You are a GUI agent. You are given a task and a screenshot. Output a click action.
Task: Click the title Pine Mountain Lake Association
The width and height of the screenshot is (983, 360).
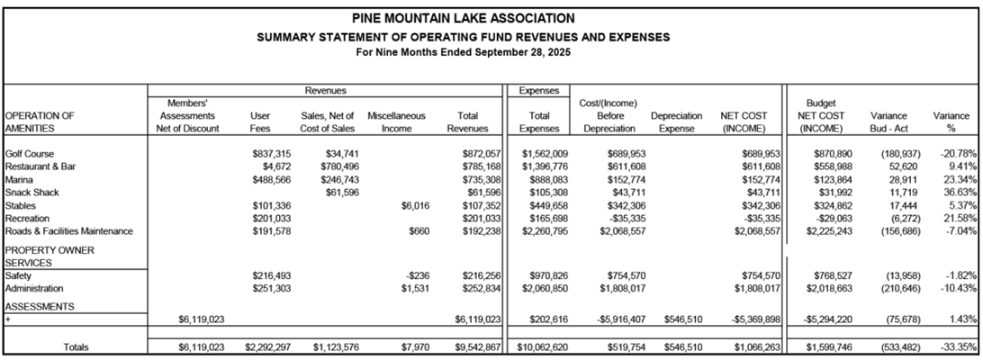(x=463, y=18)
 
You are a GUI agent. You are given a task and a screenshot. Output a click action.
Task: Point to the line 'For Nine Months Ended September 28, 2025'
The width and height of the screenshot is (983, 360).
(x=463, y=51)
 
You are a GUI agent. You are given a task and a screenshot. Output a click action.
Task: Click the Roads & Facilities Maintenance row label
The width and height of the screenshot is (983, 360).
(x=69, y=230)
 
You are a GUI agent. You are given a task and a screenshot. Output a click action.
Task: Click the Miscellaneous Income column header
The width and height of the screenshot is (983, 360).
(x=396, y=122)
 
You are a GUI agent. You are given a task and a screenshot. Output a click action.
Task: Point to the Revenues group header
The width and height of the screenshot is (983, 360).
(x=324, y=91)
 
